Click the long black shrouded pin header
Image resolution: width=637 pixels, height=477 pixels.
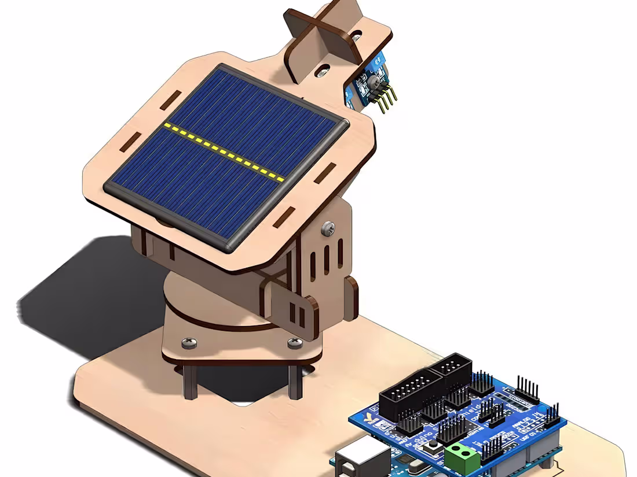point(412,394)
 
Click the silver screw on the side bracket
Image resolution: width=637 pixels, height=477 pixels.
point(328,228)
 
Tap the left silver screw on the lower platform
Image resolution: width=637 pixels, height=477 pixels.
point(189,343)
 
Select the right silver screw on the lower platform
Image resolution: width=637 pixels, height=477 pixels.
point(295,343)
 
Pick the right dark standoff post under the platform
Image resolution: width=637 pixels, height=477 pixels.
point(295,382)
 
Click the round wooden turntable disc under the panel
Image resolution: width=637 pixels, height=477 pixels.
point(191,289)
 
